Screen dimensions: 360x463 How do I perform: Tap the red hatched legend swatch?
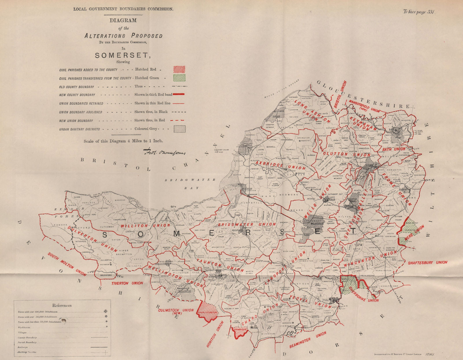tap(179, 69)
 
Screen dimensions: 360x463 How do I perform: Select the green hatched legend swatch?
tap(179, 78)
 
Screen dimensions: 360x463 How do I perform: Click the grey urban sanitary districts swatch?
tap(179, 129)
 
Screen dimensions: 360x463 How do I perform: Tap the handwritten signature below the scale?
tap(164, 152)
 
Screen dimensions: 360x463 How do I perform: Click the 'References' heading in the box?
tap(62, 305)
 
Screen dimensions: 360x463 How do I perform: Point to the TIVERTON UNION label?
tap(127, 283)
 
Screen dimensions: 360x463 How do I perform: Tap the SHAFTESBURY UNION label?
tap(427, 263)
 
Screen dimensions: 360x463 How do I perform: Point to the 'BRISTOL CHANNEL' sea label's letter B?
tap(82, 160)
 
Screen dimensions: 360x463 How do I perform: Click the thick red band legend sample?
tap(179, 94)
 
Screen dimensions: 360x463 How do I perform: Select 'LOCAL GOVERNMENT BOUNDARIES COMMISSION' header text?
tap(123, 9)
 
